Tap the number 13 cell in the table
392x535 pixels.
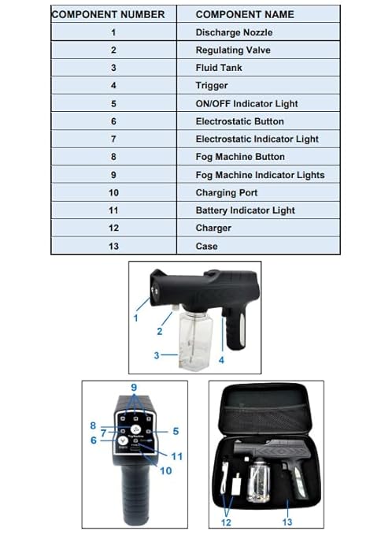(x=113, y=246)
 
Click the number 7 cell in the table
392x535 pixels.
(x=113, y=139)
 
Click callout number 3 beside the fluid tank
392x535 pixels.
(x=157, y=355)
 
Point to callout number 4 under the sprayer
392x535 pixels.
(x=221, y=360)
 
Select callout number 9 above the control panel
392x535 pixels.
(x=135, y=388)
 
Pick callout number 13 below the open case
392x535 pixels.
(x=287, y=520)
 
